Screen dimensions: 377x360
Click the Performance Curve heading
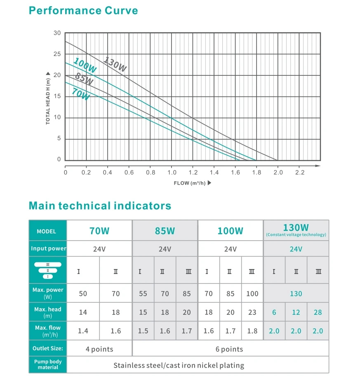[x=83, y=10]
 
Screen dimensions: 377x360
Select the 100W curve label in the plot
[x=85, y=66]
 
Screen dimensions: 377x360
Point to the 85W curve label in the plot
[x=84, y=79]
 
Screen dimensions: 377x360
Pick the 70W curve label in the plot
[x=80, y=94]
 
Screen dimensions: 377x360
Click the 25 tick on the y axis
[x=57, y=54]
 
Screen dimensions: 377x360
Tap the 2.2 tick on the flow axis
[x=299, y=172]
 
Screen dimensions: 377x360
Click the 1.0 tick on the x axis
[x=172, y=172]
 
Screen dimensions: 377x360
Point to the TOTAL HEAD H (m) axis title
[x=48, y=98]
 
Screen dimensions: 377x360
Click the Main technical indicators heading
[x=100, y=206]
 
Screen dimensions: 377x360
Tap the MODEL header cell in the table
[x=46, y=231]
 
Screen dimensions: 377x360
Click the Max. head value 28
[x=318, y=312]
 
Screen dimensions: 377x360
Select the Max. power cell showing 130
[x=296, y=294]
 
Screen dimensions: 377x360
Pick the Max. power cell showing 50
[x=83, y=294]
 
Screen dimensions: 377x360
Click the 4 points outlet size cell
[x=99, y=349]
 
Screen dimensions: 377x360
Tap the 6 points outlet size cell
[x=229, y=349]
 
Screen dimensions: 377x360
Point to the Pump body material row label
[x=47, y=364]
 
